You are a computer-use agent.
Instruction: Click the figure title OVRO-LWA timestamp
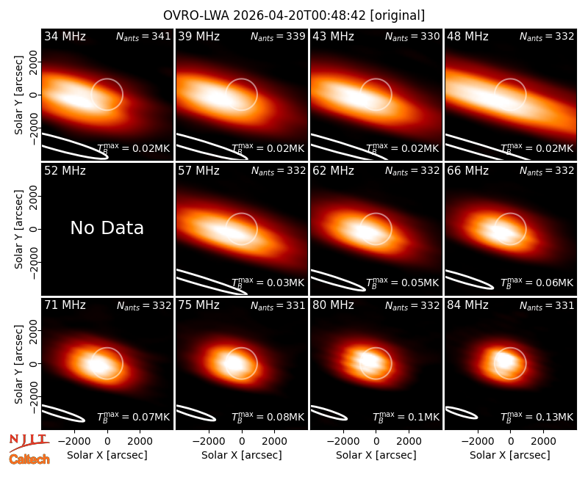click(293, 15)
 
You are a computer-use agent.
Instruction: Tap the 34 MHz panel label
click(65, 36)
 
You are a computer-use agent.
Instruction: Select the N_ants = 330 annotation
click(412, 36)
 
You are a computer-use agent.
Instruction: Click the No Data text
click(107, 227)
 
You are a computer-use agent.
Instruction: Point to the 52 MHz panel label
click(65, 171)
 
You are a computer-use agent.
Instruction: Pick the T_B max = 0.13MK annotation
click(537, 417)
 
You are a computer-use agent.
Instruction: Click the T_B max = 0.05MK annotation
click(402, 283)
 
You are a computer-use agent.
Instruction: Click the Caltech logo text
click(29, 459)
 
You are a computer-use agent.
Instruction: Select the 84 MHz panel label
click(467, 305)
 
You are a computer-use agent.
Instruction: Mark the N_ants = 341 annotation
click(143, 36)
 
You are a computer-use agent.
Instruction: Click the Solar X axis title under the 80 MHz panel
click(376, 455)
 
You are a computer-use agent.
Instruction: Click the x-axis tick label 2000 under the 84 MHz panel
click(543, 441)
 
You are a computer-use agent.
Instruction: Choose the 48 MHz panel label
click(467, 36)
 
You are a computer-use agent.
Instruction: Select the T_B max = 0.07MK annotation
click(134, 417)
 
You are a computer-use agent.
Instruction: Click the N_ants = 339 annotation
click(278, 36)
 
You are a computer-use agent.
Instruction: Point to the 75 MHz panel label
click(198, 305)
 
